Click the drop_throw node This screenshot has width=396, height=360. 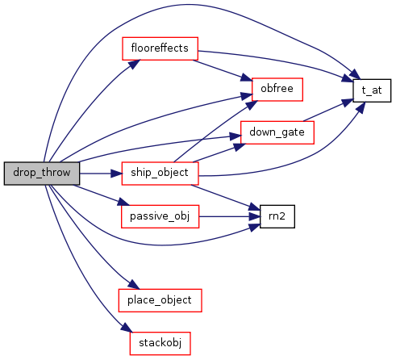point(42,174)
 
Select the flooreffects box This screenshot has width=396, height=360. point(160,48)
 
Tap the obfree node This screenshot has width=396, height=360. point(277,90)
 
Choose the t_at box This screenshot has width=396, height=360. point(372,90)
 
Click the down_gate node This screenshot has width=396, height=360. point(277,132)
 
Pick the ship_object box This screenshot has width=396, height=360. point(160,174)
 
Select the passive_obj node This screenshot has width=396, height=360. point(160,216)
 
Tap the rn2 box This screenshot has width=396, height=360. point(277,216)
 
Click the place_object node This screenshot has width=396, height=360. point(160,300)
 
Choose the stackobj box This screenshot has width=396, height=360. point(160,343)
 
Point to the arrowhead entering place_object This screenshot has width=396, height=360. point(134,284)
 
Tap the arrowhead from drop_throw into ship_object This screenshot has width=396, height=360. point(116,174)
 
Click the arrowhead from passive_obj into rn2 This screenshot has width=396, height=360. point(255,216)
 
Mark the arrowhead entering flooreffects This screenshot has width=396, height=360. point(135,65)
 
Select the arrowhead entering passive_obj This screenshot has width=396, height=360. point(123,202)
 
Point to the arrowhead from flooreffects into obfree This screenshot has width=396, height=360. point(247,77)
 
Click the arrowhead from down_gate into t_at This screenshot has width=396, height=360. point(348,103)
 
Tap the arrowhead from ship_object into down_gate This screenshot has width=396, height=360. point(240,147)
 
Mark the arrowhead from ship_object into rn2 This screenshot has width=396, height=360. point(254,207)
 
